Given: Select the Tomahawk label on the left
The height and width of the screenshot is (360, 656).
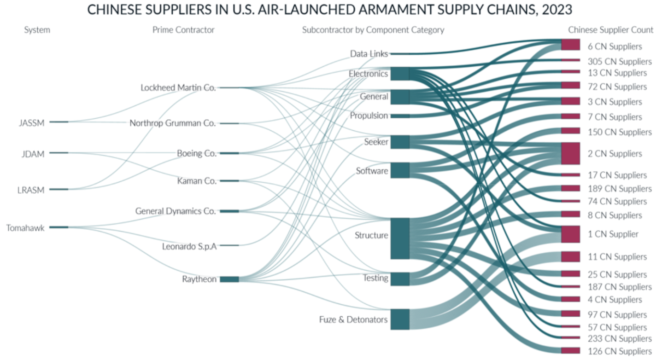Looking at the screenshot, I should [x=25, y=227].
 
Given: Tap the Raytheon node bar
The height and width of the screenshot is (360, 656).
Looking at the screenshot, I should [x=229, y=279].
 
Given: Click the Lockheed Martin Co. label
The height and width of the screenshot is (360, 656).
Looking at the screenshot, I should [x=178, y=87].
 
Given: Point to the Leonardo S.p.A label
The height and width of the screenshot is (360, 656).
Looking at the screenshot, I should [x=189, y=246].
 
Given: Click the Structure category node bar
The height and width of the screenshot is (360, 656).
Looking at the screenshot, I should [x=399, y=238].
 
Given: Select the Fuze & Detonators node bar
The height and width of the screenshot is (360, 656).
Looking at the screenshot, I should [x=399, y=319].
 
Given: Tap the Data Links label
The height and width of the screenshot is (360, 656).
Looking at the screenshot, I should [x=369, y=54].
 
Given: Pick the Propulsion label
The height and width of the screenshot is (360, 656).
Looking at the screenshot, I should [x=369, y=116].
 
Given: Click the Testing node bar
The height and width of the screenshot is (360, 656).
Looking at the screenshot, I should [x=399, y=279].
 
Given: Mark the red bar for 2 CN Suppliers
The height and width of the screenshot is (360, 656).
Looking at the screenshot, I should [x=570, y=153].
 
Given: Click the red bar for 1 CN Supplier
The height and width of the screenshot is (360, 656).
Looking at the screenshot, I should [x=570, y=234].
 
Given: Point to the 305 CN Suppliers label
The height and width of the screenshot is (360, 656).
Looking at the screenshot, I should [x=620, y=62].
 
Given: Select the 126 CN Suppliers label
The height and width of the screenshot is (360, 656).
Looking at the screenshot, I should [x=620, y=351].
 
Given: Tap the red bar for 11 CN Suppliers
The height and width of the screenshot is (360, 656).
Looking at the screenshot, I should [x=570, y=256].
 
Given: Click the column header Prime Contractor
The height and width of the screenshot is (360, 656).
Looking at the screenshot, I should [x=183, y=30].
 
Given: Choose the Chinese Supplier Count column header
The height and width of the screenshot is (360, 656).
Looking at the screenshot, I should [x=610, y=30].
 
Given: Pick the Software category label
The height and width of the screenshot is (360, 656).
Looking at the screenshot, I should [x=372, y=171].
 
